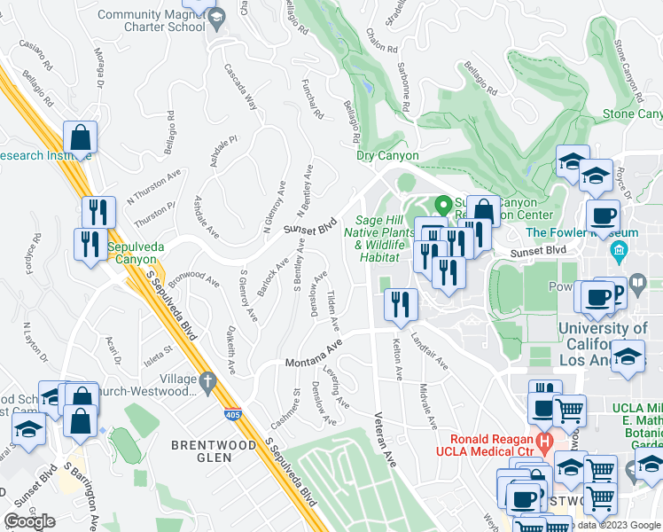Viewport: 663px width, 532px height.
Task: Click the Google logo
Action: click(x=29, y=521)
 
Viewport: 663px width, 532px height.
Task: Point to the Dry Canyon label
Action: click(x=387, y=155)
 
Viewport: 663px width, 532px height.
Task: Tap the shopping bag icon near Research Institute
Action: click(x=80, y=138)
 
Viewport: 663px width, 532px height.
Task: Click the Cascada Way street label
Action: click(x=240, y=87)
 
